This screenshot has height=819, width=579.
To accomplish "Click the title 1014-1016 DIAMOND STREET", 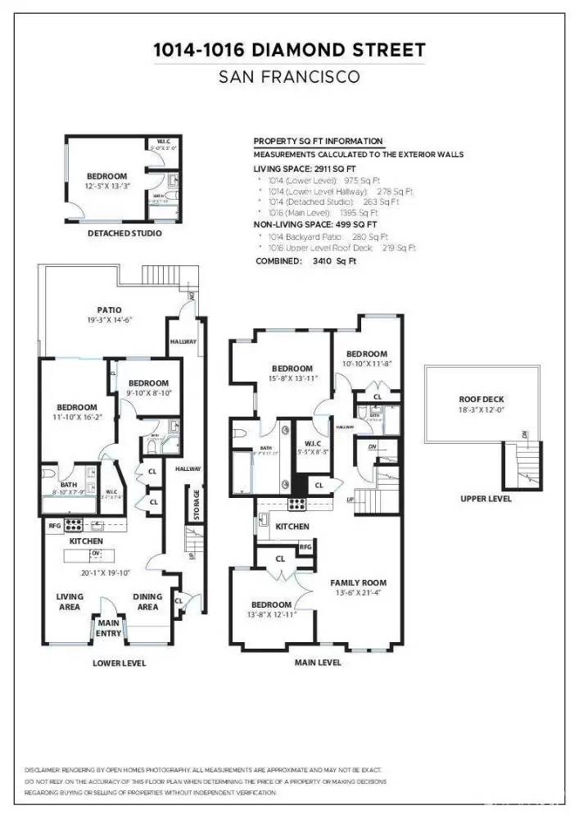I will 289,51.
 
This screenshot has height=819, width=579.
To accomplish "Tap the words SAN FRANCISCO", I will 289,79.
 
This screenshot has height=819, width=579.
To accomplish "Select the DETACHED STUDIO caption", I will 124,233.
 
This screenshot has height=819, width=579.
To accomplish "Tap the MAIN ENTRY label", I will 109,628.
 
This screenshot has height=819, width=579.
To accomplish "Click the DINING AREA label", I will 147,602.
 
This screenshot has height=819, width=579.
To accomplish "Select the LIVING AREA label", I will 70,602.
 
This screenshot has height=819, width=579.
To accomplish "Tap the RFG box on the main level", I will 305,547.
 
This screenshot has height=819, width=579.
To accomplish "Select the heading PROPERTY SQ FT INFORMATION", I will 318,142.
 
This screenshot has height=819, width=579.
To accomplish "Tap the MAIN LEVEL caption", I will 318,662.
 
